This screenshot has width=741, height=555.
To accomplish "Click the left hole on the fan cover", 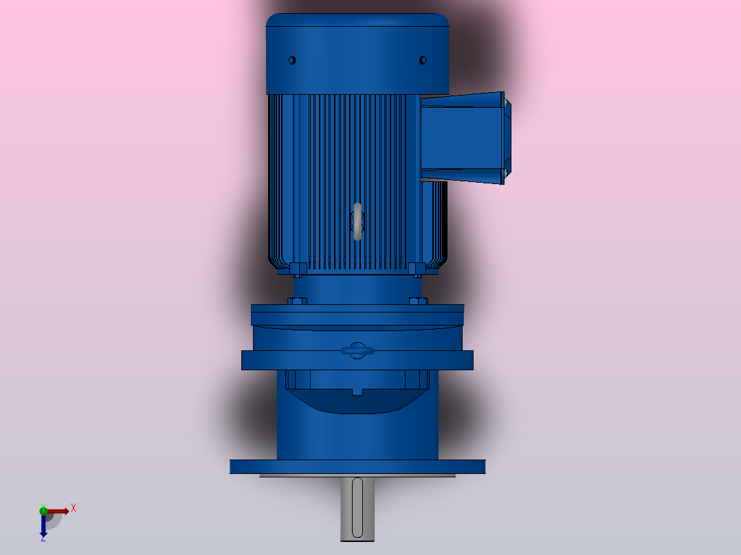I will [292, 60].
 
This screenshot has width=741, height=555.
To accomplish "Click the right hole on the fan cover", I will [423, 60].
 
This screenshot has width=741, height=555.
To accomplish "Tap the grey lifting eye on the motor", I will [357, 221].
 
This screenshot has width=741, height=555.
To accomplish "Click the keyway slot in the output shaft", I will [357, 508].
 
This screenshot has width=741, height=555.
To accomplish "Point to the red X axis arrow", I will [59, 511].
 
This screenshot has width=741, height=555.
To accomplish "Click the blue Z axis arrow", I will [43, 526].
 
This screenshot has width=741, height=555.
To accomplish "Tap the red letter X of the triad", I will [74, 508].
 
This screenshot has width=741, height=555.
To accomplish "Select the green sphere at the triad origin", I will [43, 510].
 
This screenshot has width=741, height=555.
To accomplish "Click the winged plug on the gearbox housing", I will [357, 350].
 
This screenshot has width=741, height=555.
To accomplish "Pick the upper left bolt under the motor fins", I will [298, 268].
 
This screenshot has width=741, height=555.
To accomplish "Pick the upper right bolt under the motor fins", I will [417, 268].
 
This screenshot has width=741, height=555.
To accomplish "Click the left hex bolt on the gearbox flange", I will [296, 301].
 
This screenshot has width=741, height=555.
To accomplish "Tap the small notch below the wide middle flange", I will [357, 392].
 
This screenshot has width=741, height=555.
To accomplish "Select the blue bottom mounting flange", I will [357, 467].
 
